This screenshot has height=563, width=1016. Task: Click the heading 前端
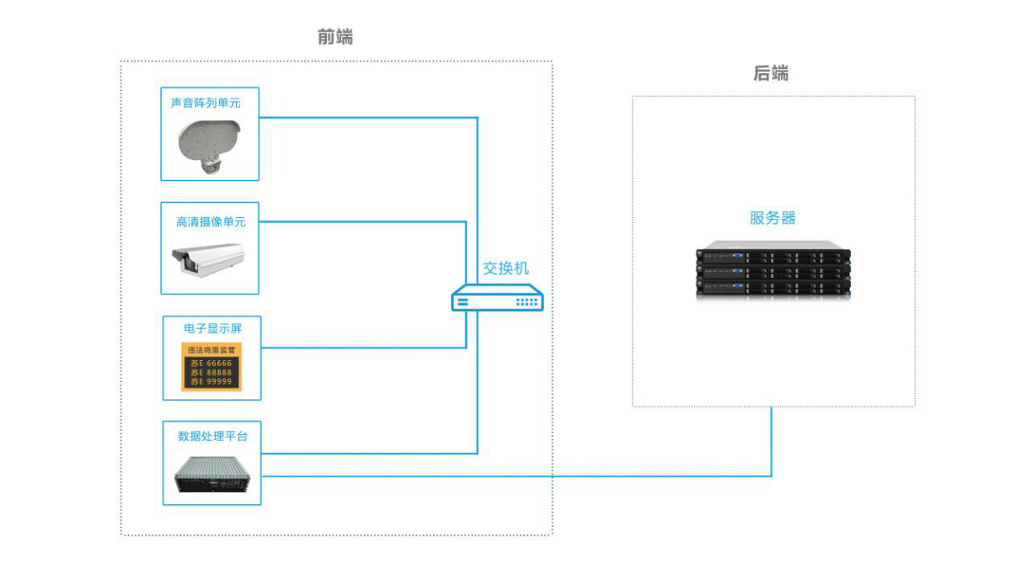click(335, 37)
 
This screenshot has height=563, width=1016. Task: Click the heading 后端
click(771, 73)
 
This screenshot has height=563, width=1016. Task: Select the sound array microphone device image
click(207, 145)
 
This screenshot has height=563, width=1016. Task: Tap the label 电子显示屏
click(212, 328)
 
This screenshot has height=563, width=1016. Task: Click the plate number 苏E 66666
click(211, 364)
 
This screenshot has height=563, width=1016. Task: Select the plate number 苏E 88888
click(211, 373)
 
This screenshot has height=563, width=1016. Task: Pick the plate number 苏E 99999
click(211, 382)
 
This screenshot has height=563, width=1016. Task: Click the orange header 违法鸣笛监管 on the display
click(211, 349)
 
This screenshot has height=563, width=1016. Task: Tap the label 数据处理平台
click(212, 436)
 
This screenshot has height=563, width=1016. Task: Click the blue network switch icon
click(498, 299)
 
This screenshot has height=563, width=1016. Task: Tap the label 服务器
click(773, 218)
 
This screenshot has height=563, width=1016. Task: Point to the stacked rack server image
click(773, 271)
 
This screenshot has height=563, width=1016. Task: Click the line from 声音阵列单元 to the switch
click(371, 117)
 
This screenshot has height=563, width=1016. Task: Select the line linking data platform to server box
click(522, 476)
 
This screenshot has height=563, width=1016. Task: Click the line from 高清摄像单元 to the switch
click(362, 222)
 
